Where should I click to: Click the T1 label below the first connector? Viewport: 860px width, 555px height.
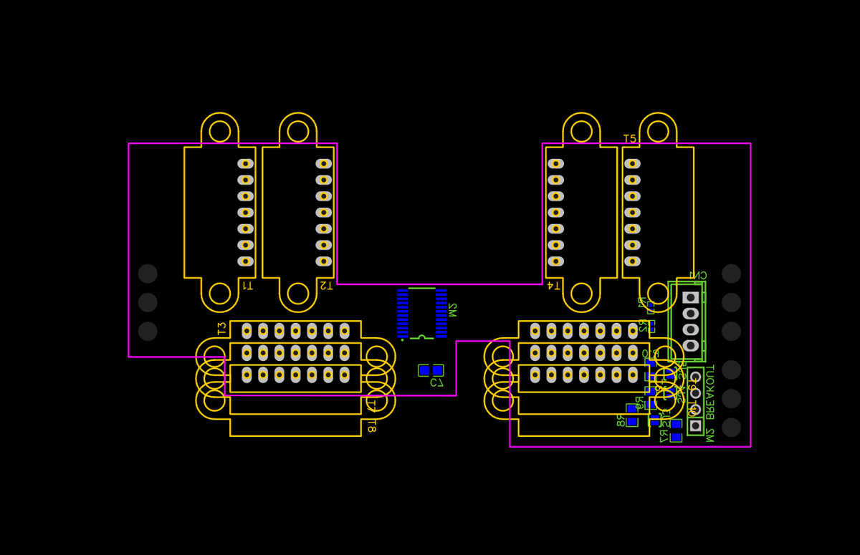point(247,286)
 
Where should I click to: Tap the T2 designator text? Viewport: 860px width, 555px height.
point(325,286)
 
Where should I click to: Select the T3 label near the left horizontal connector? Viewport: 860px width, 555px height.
point(221,329)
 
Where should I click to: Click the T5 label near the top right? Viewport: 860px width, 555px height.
point(629,138)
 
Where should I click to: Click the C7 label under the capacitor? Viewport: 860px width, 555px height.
point(437,383)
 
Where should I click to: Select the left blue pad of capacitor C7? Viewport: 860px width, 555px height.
point(424,370)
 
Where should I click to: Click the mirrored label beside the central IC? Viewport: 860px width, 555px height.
point(452,310)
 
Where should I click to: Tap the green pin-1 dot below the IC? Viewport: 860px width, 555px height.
point(402,340)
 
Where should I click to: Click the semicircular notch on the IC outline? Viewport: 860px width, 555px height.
point(422,337)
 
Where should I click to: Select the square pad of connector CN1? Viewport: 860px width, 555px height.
point(690,297)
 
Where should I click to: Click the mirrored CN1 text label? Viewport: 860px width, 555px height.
point(697,275)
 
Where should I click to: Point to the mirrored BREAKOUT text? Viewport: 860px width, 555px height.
point(709,392)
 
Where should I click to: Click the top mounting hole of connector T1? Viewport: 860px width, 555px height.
point(220,131)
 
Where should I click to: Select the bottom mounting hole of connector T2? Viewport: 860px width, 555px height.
point(298,294)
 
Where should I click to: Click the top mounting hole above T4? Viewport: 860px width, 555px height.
point(581,131)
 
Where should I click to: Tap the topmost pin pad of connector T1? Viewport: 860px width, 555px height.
point(246,163)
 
